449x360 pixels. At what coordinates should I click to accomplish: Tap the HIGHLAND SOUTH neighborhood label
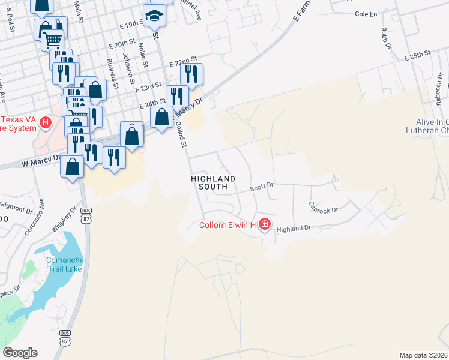[209, 182]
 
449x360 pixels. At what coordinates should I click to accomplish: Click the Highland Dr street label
[294, 229]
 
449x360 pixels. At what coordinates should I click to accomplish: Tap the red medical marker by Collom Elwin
[265, 225]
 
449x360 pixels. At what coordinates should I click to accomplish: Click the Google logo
[20, 353]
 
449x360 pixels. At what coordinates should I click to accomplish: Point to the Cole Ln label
[366, 14]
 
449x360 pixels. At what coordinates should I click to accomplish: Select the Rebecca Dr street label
[439, 90]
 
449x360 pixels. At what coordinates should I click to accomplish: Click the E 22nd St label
[184, 62]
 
